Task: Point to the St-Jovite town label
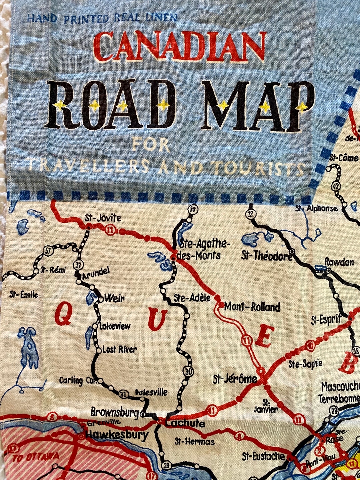(103, 218)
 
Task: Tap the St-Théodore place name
(267, 256)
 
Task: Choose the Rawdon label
(339, 262)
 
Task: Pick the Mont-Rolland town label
(252, 307)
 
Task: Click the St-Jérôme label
(235, 379)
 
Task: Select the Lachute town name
(185, 423)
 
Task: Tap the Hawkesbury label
(117, 435)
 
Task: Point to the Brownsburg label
(114, 412)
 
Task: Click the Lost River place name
(119, 349)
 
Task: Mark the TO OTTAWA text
(36, 457)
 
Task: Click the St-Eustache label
(263, 456)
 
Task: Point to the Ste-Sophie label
(305, 364)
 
